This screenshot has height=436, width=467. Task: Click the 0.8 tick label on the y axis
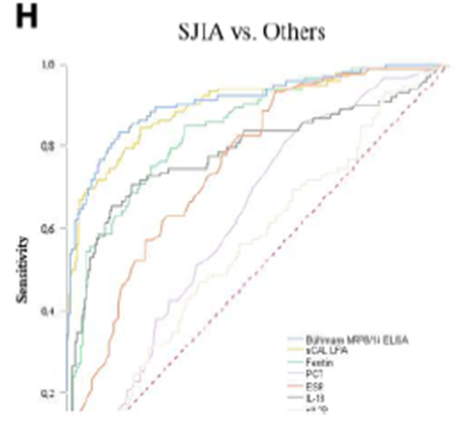coord(50,146)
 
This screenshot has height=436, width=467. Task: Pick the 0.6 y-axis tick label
coord(50,228)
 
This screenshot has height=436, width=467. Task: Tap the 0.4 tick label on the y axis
coord(50,310)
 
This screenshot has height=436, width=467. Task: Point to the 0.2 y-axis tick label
coord(50,393)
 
